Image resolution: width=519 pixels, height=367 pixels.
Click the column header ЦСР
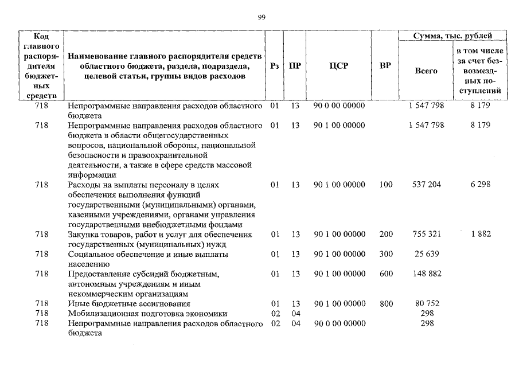(339, 66)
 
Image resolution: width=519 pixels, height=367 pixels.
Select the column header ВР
(385, 66)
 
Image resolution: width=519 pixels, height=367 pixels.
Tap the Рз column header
(274, 66)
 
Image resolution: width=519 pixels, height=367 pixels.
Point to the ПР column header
(295, 66)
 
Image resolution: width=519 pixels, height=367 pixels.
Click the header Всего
(426, 71)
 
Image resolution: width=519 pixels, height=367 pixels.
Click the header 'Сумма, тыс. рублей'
(452, 36)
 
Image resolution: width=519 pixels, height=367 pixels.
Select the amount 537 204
(427, 185)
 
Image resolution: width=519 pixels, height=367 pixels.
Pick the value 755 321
(427, 234)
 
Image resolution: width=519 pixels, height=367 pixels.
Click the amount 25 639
(427, 254)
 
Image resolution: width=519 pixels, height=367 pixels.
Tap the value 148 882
(427, 274)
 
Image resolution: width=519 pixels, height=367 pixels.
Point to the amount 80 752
(427, 303)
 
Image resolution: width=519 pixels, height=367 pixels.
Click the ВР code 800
(386, 303)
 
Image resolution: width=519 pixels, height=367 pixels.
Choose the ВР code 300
(386, 254)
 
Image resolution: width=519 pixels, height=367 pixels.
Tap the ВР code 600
(386, 274)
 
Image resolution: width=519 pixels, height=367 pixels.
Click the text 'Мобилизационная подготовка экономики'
(147, 314)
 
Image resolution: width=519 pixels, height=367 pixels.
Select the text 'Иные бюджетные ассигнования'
(128, 303)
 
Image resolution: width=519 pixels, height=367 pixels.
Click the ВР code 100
(386, 185)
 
